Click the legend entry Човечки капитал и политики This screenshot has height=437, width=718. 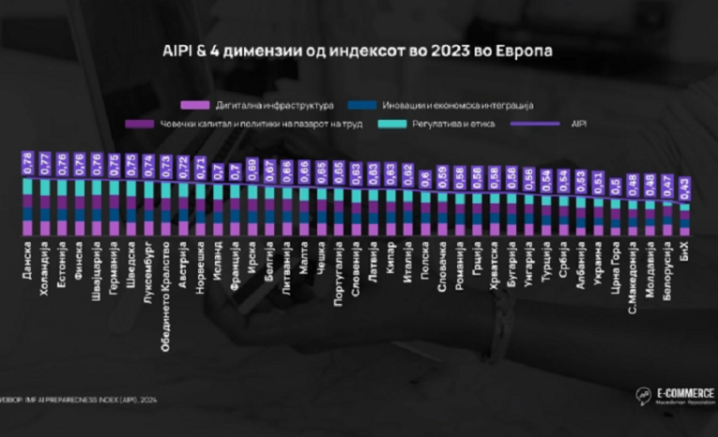241,124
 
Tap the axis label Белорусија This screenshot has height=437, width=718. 668,271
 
